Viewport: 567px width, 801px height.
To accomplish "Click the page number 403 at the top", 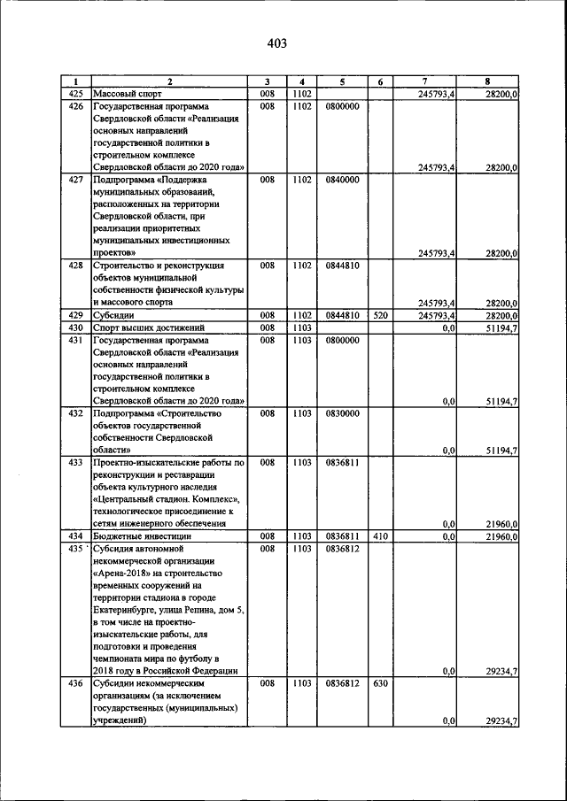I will tap(276, 42).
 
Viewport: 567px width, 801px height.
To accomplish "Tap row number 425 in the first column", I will tap(75, 93).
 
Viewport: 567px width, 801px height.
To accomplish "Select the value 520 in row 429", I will tap(379, 314).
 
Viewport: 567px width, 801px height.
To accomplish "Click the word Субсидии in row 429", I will tap(115, 314).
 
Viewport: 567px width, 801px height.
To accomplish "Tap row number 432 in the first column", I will tap(75, 412).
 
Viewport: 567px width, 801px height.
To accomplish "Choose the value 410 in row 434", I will tap(379, 535).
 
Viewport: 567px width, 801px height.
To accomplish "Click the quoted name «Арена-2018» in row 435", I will tap(127, 573).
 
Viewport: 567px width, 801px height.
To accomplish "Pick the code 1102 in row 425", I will tap(301, 93).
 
